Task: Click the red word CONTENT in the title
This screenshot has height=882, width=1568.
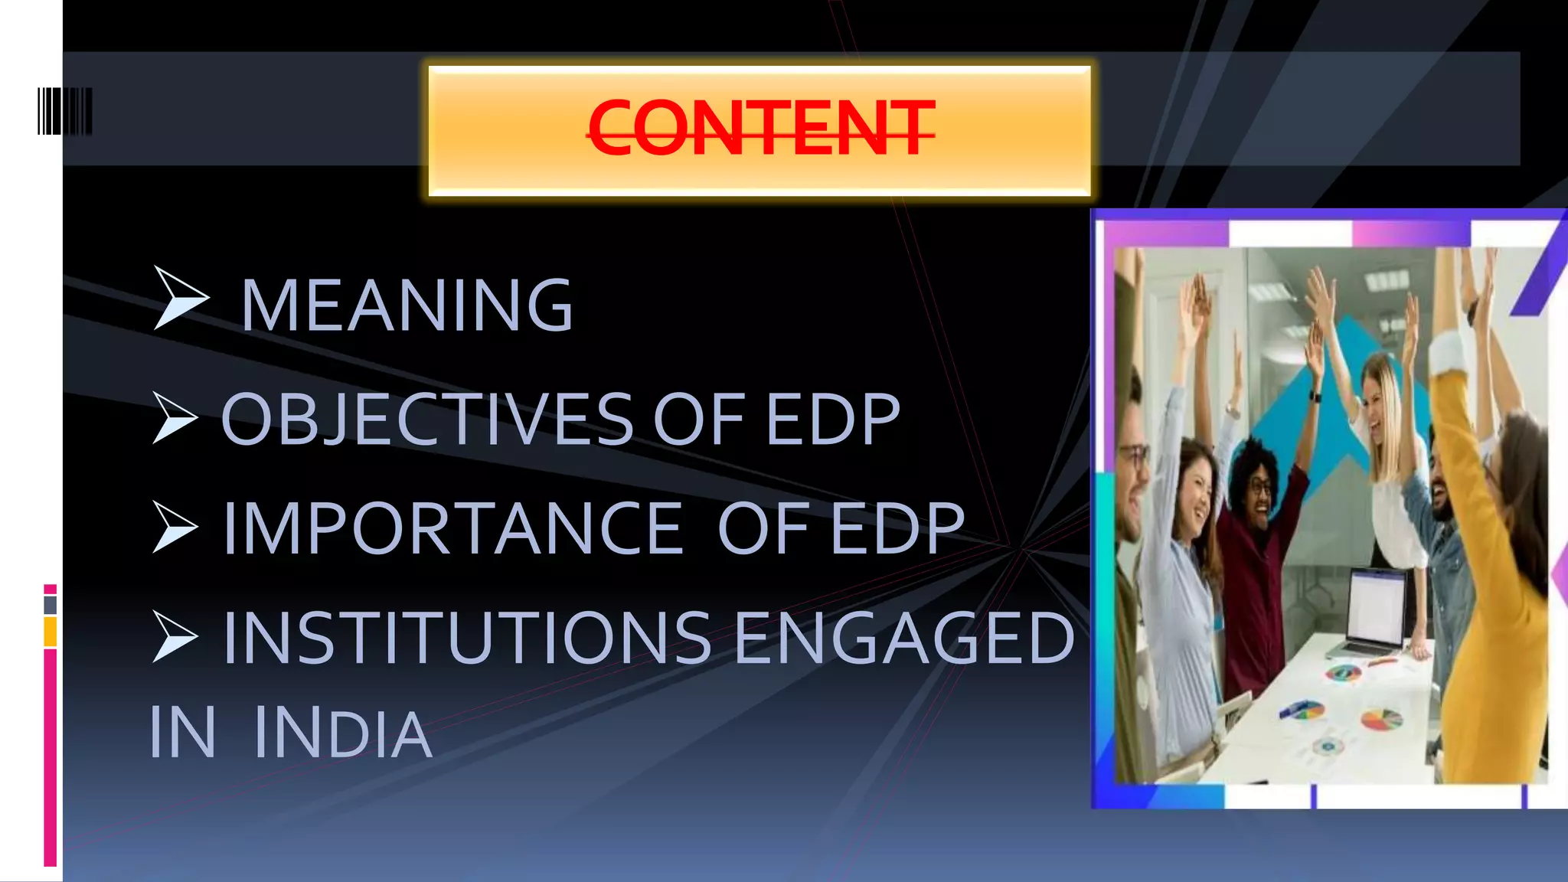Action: pos(761,129)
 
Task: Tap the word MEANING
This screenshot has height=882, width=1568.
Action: pos(407,306)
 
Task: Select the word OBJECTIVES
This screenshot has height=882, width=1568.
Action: pos(427,419)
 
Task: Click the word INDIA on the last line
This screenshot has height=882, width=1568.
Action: pos(343,733)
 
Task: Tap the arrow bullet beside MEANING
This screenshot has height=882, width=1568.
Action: pos(179,298)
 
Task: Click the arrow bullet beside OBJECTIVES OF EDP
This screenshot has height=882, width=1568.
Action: pos(175,417)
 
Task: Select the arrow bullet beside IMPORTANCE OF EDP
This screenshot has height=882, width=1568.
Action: pos(175,527)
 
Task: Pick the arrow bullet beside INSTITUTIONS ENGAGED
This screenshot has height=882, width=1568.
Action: pos(175,636)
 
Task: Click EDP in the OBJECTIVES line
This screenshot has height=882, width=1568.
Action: pos(833,419)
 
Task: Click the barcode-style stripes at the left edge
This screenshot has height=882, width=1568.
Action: pos(64,112)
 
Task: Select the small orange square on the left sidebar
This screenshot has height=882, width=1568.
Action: pos(51,632)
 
